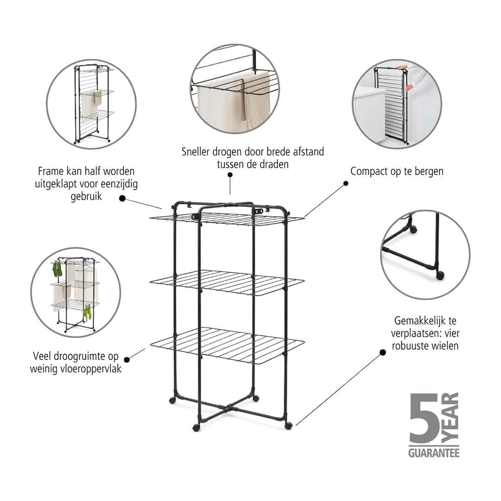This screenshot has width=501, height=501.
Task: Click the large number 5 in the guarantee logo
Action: point(424,418)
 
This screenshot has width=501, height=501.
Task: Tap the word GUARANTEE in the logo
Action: point(434,453)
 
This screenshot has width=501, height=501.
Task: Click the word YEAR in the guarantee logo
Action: point(450,418)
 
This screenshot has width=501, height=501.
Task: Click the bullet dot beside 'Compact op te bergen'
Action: point(346,183)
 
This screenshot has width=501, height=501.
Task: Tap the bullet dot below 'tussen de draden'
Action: point(230,175)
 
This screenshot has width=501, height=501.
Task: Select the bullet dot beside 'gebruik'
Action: point(122,199)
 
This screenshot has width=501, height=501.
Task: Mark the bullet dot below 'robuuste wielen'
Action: point(383,353)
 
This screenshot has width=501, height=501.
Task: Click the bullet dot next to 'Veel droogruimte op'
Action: point(127,360)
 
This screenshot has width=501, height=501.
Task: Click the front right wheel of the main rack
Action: point(288,425)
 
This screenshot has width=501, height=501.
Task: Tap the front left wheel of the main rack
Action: point(196,428)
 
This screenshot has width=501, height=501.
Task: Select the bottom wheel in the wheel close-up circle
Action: point(440,275)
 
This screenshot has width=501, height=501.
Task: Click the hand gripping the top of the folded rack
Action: point(400,67)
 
